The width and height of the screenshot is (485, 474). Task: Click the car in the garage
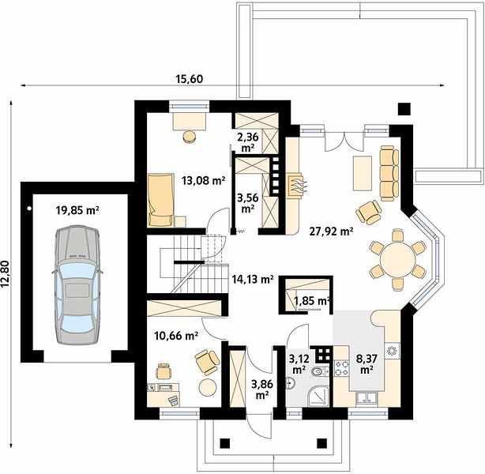pyautogui.click(x=77, y=284)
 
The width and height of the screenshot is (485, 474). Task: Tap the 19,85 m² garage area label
pyautogui.click(x=77, y=211)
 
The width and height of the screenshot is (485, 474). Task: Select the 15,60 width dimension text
pyautogui.click(x=190, y=79)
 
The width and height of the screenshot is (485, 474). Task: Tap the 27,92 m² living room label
pyautogui.click(x=332, y=231)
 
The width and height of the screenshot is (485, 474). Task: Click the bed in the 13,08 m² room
pyautogui.click(x=161, y=200)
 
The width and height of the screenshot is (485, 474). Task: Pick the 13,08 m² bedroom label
pyautogui.click(x=203, y=180)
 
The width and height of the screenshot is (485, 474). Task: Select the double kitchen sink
pyautogui.click(x=367, y=397)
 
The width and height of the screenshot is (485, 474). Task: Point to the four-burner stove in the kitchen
pyautogui.click(x=341, y=368)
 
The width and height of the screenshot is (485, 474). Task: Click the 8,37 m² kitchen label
pyautogui.click(x=367, y=364)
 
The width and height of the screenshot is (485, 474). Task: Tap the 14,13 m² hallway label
pyautogui.click(x=253, y=280)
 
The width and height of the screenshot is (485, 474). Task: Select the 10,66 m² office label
pyautogui.click(x=176, y=336)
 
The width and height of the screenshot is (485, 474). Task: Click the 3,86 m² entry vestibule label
pyautogui.click(x=262, y=389)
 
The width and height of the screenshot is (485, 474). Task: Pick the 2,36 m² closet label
pyautogui.click(x=248, y=142)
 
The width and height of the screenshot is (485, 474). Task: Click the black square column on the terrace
pyautogui.click(x=404, y=109)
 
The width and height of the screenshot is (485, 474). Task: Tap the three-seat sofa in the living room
pyautogui.click(x=389, y=173)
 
